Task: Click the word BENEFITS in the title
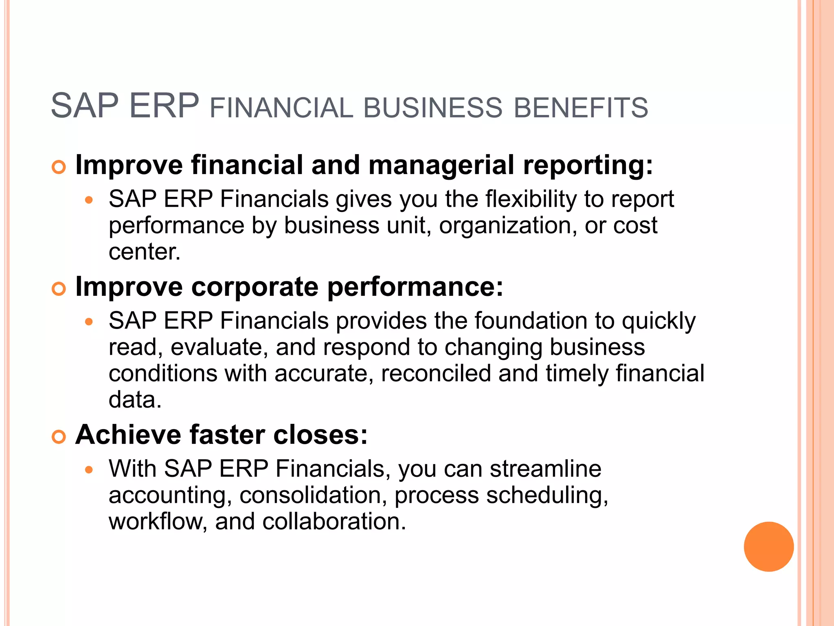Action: point(581,108)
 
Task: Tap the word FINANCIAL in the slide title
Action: point(281,108)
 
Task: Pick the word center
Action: point(144,251)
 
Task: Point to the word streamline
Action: point(546,469)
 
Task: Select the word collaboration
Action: point(334,521)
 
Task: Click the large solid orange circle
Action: point(768,547)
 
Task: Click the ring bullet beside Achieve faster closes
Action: point(59,437)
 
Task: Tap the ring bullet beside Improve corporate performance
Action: point(59,289)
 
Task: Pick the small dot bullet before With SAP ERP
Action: point(89,470)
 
